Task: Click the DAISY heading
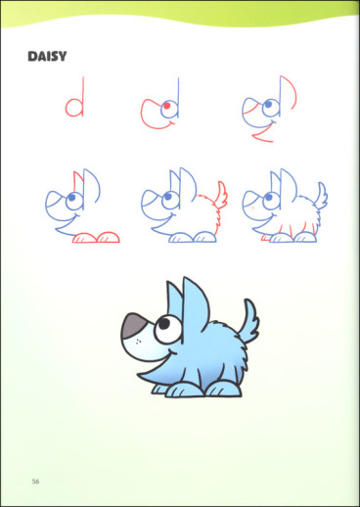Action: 47,57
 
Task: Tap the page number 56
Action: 35,482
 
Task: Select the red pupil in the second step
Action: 166,106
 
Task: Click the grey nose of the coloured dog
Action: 133,326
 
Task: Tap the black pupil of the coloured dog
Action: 164,323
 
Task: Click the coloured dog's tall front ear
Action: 195,303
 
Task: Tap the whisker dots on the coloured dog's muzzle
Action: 138,342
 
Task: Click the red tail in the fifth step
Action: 221,196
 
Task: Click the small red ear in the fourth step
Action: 77,179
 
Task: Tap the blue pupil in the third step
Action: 268,104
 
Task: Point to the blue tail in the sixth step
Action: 321,196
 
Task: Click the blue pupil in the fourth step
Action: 71,197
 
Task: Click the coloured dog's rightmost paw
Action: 224,389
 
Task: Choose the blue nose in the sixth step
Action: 251,198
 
